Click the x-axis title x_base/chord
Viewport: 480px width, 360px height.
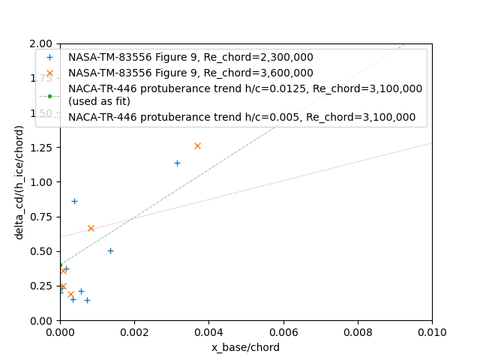click(245, 347)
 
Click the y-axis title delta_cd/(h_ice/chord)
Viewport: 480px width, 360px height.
click(19, 182)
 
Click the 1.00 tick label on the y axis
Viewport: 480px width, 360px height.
click(42, 182)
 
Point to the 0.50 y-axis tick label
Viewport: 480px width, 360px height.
click(42, 251)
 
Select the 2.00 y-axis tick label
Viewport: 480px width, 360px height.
click(42, 43)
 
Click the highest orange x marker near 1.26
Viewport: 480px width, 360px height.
click(197, 145)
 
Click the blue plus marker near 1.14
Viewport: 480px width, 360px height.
click(177, 163)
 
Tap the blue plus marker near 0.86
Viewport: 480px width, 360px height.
click(74, 201)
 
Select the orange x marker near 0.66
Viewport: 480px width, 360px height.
click(91, 228)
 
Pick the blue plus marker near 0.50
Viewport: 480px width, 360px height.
click(110, 250)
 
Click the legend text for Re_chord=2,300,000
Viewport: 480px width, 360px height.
click(190, 57)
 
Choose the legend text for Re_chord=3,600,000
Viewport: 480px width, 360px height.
click(190, 73)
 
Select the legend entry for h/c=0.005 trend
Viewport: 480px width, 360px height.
click(241, 117)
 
